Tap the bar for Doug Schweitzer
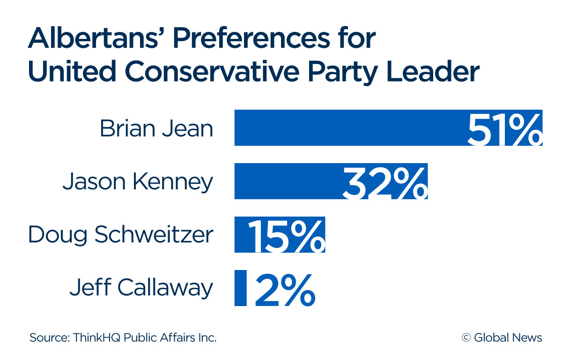click(x=241, y=234)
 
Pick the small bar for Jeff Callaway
click(x=240, y=288)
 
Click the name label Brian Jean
click(x=156, y=128)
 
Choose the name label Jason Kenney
click(x=138, y=181)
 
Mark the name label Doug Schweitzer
click(x=120, y=235)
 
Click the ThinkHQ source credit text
click(x=123, y=337)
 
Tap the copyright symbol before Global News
click(x=466, y=337)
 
